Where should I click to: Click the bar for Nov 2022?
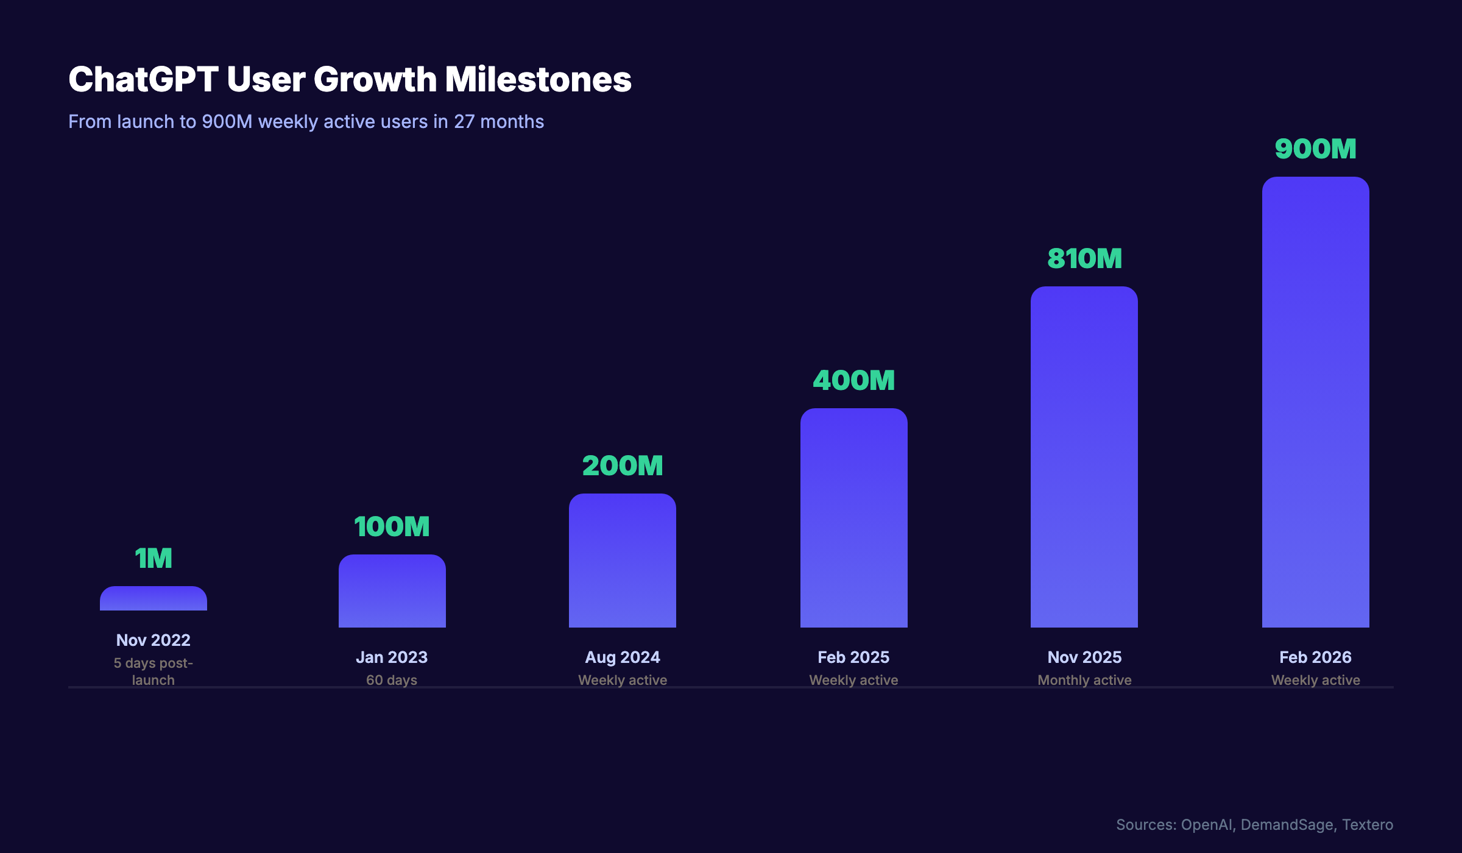[154, 599]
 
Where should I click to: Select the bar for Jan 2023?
[392, 591]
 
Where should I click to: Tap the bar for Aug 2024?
[622, 561]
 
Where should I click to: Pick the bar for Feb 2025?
[853, 518]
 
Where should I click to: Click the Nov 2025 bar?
[1084, 457]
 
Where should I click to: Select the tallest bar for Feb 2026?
[1315, 402]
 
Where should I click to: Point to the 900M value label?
[1315, 149]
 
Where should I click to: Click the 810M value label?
[1084, 259]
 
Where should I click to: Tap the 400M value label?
[853, 381]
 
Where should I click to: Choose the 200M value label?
[622, 466]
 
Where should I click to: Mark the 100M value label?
[392, 527]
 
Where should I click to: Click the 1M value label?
[154, 559]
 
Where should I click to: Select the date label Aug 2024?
[622, 657]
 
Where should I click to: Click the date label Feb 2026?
[1315, 657]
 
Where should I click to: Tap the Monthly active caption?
[1084, 680]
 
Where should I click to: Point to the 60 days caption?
[392, 680]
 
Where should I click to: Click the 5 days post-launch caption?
[154, 671]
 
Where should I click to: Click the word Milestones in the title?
[538, 80]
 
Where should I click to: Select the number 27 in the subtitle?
[464, 122]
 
